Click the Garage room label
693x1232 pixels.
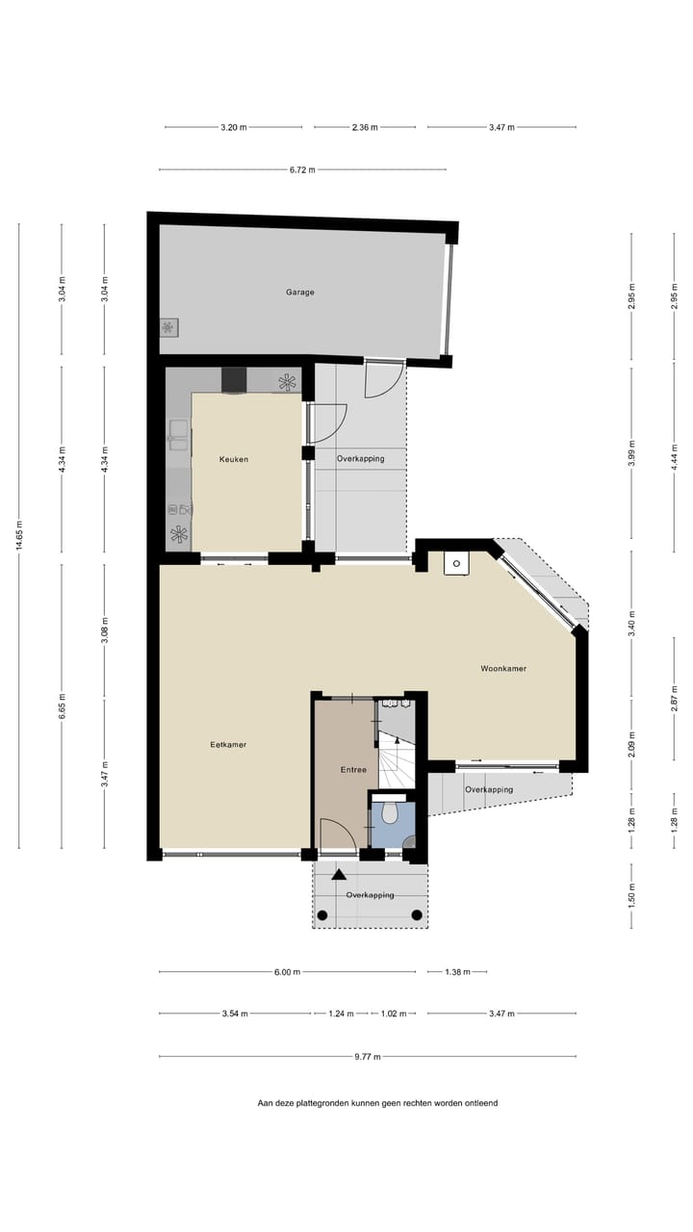pos(299,293)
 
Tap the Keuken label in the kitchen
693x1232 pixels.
pos(234,460)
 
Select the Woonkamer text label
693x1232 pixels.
pos(503,669)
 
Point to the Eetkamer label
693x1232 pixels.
pos(228,744)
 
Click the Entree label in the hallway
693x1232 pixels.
pos(354,770)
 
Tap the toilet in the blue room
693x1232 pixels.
pos(390,814)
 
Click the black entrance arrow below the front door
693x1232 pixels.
pos(339,874)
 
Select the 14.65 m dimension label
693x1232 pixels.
pos(18,536)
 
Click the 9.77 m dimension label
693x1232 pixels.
pos(368,1057)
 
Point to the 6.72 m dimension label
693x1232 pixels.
pos(302,170)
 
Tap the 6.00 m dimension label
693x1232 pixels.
pos(287,972)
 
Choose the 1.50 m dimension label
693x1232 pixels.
pos(631,896)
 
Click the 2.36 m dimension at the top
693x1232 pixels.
pos(365,127)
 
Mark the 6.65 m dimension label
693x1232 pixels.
pos(62,706)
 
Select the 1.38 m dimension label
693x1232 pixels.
pos(458,972)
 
